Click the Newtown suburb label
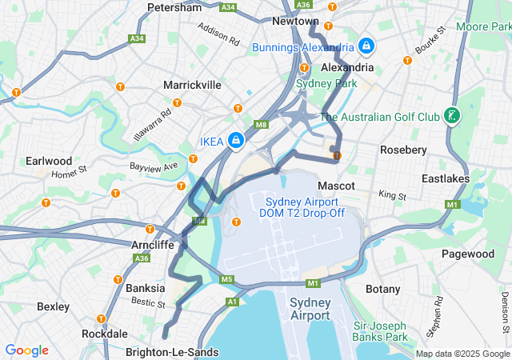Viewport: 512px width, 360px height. pos(295,21)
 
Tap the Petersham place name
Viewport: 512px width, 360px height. pos(174,7)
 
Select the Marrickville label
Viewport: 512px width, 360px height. pos(192,84)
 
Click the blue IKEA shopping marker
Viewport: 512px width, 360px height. pos(236,141)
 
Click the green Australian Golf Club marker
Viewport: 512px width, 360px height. pos(453,117)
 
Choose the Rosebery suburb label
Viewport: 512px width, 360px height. pos(404,150)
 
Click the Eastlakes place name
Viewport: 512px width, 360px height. pos(446,178)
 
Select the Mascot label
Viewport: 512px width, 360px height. pos(336,186)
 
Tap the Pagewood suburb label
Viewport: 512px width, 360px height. pos(468,254)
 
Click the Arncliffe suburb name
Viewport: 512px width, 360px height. pos(152,245)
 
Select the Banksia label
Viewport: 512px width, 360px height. pos(146,288)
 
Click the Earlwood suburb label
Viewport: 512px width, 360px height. pos(49,161)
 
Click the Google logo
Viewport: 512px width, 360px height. pos(26,350)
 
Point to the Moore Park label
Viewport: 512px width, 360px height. pos(483,26)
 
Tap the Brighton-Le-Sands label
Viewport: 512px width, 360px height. pos(172,352)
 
